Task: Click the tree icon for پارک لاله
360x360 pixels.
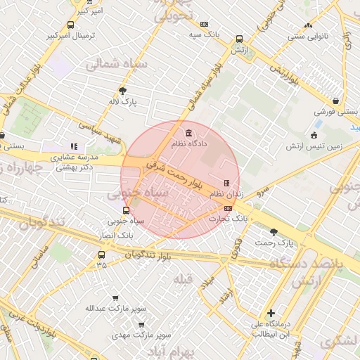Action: [x=124, y=90]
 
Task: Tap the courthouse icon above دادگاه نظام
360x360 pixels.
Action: [x=188, y=133]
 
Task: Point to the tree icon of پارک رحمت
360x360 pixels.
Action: [x=274, y=231]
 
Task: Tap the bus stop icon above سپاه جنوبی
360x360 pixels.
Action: [x=126, y=210]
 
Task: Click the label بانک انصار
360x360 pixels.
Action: [x=117, y=233]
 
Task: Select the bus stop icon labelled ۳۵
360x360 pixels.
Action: [x=102, y=255]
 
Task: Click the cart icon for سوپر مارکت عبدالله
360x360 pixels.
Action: [x=115, y=298]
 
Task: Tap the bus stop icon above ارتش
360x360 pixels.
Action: [x=240, y=39]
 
